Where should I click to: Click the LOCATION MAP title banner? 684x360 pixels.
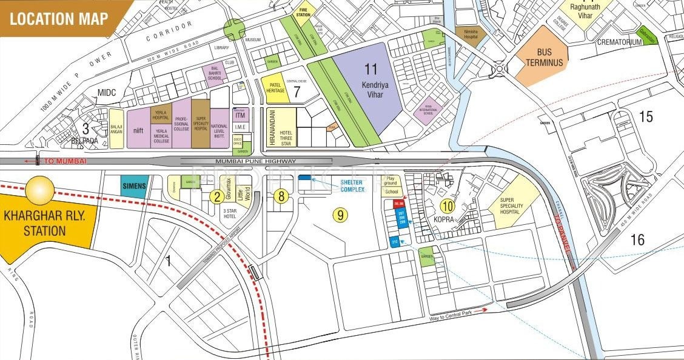click(59, 18)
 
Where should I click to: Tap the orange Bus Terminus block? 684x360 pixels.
click(544, 58)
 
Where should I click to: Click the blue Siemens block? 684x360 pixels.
click(133, 186)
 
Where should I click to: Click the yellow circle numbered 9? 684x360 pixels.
click(341, 213)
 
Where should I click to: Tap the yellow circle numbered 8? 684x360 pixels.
click(280, 196)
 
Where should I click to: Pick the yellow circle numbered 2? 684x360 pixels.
click(216, 196)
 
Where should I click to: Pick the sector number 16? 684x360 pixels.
click(637, 239)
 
